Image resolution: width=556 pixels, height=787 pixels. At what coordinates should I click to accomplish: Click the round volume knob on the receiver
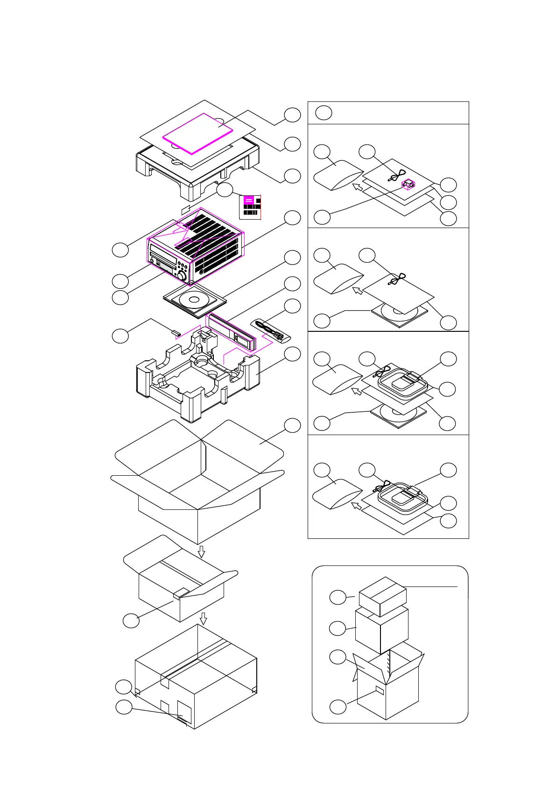coord(180,275)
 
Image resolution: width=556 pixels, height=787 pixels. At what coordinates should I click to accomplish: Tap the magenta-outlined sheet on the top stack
coord(197,133)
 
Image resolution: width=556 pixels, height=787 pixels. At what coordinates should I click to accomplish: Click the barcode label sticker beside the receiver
coord(250,207)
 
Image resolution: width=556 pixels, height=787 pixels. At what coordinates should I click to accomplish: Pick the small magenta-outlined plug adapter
coord(408,184)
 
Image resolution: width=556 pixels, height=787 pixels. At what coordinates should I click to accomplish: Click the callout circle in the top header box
coord(324,113)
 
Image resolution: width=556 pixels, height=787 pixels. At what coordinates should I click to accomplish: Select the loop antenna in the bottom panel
coord(402,497)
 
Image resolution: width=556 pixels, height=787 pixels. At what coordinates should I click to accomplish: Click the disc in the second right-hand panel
coord(399,312)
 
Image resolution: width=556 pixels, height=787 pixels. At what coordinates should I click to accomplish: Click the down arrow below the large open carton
coord(201,552)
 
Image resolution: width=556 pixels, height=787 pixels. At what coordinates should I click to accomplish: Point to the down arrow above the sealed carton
coord(203,619)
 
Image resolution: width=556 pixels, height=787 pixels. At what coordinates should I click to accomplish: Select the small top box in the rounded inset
coord(382,596)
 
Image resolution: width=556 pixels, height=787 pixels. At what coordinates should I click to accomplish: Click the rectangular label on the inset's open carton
coord(380,691)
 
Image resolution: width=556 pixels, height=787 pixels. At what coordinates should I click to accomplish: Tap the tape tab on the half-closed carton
coord(181,593)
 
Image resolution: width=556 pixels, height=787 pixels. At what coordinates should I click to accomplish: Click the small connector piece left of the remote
coord(176,333)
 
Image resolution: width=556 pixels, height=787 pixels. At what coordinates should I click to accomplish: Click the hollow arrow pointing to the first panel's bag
coord(358,187)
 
